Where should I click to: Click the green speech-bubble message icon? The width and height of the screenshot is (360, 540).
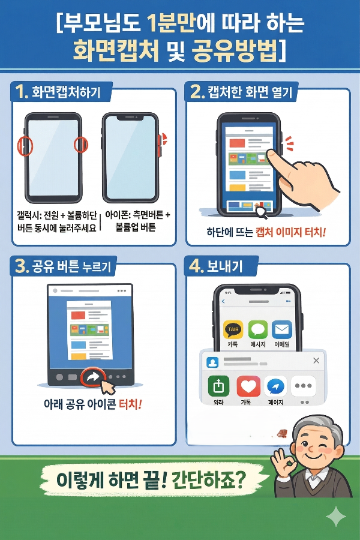click(x=258, y=329)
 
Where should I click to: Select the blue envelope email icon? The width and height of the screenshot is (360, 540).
click(x=281, y=329)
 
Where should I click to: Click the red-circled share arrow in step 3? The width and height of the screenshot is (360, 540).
click(x=93, y=378)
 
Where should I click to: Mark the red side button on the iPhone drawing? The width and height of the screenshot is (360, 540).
click(x=160, y=140)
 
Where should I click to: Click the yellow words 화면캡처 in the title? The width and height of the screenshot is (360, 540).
click(x=116, y=51)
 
